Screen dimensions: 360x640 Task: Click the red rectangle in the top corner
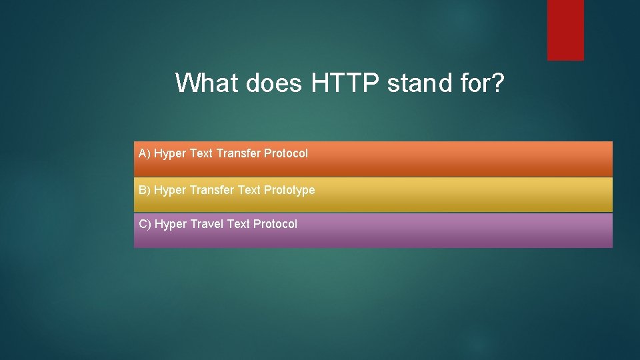coord(565,30)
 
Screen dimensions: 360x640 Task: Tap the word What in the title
coord(207,83)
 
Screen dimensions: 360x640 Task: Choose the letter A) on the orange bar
coord(145,153)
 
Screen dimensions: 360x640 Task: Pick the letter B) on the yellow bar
coord(145,190)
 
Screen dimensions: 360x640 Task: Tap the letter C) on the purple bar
coord(145,224)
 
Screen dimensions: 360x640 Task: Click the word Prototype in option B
coord(289,190)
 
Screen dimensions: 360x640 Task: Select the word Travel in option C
coord(207,224)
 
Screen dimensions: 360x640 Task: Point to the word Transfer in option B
coord(211,190)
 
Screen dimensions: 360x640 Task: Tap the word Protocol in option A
coord(286,153)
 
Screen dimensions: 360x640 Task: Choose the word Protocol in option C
coord(275,224)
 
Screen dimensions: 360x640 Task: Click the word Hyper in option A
coord(170,154)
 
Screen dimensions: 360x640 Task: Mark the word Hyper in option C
coord(171,225)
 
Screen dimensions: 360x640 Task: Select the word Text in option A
coord(201,153)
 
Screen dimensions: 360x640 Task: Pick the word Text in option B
coord(249,190)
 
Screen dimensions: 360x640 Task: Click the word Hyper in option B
coord(170,191)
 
